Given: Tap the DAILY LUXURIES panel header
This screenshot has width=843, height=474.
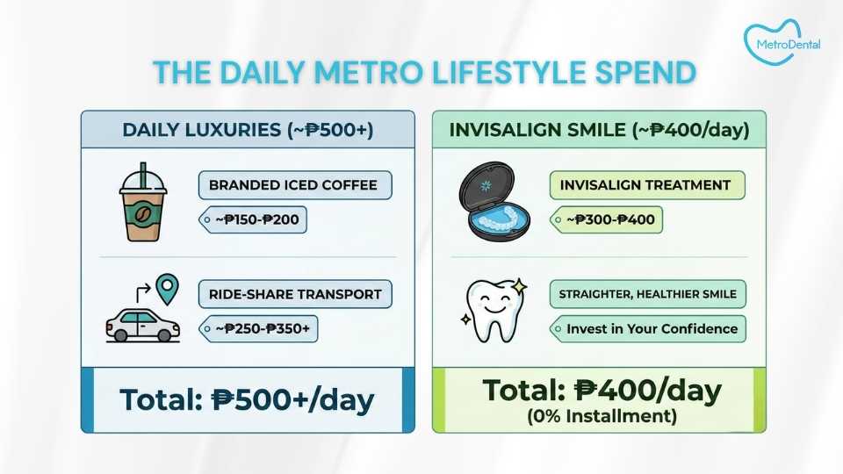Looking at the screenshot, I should tap(248, 130).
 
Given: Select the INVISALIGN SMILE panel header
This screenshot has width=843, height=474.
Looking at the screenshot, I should tap(599, 130).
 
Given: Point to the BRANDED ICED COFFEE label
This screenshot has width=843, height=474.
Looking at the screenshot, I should tap(294, 185).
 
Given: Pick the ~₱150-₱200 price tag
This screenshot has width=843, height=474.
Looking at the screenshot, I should tap(254, 219).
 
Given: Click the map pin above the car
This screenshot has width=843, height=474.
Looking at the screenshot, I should tap(166, 287).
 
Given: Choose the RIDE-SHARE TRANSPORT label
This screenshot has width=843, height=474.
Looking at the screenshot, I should tap(295, 294).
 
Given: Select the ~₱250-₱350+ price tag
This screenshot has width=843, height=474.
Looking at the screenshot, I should tap(260, 329).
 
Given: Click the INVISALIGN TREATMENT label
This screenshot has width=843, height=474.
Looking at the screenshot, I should tap(646, 185).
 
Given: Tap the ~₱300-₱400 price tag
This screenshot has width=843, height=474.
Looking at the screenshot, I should tap(606, 219).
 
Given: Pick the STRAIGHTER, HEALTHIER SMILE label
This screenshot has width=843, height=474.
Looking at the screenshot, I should tap(648, 294).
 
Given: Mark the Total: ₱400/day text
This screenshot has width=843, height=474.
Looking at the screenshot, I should tap(602, 391).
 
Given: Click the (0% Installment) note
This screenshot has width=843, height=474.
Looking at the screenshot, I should tap(602, 416).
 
